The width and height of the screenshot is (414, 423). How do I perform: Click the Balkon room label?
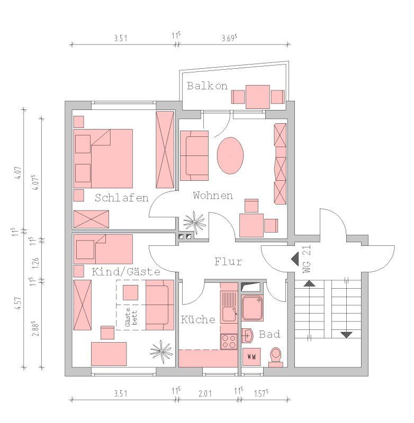[x=206, y=86]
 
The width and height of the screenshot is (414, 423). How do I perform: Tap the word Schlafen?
[x=121, y=198]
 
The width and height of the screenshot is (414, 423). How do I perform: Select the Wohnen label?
[x=213, y=196]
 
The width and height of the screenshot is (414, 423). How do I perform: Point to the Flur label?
[x=228, y=262]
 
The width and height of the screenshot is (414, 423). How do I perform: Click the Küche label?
[x=198, y=320]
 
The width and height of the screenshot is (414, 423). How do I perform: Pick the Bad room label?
[x=269, y=335]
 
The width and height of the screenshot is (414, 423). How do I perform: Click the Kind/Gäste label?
[x=126, y=272]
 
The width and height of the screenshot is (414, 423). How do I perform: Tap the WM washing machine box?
[x=251, y=356]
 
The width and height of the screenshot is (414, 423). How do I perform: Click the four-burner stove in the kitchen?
[x=229, y=341]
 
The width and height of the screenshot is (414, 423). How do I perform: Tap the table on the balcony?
[x=258, y=97]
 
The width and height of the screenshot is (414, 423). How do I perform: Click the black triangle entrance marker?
[x=294, y=259]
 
